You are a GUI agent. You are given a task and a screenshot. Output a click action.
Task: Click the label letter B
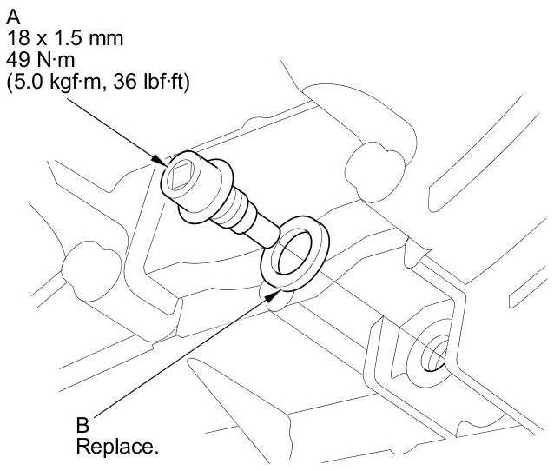pos(83,426)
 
